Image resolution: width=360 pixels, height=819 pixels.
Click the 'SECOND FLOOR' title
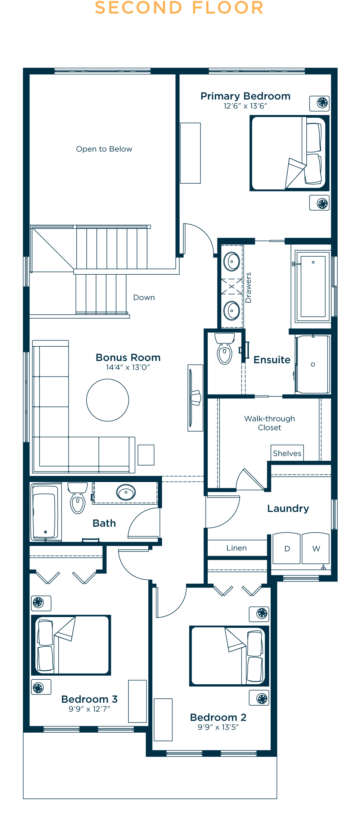(179, 8)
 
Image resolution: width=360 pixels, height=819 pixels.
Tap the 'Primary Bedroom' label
(246, 96)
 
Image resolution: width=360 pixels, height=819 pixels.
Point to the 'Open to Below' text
(104, 149)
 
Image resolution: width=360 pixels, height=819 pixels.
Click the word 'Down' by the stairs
(144, 297)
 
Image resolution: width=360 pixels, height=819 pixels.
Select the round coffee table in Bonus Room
(108, 400)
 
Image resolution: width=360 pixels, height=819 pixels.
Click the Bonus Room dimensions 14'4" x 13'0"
(128, 367)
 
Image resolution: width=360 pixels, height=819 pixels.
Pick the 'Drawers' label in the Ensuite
(248, 288)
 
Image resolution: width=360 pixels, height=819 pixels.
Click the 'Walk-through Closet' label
(270, 423)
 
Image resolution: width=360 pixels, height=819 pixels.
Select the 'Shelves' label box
(287, 453)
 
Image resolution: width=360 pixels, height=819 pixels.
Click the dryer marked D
(287, 548)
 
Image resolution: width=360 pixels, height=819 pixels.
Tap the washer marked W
(316, 548)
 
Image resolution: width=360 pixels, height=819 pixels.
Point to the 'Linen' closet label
(237, 548)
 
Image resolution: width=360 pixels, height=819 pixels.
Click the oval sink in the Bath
(126, 492)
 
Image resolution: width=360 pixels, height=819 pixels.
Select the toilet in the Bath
(78, 498)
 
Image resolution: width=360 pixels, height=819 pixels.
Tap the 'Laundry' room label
(288, 508)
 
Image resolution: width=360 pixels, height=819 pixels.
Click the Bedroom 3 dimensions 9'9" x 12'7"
(90, 709)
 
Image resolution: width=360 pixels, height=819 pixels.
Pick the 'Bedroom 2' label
(218, 717)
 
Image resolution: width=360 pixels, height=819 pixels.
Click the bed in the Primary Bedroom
(289, 153)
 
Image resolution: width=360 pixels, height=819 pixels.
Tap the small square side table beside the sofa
(146, 455)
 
